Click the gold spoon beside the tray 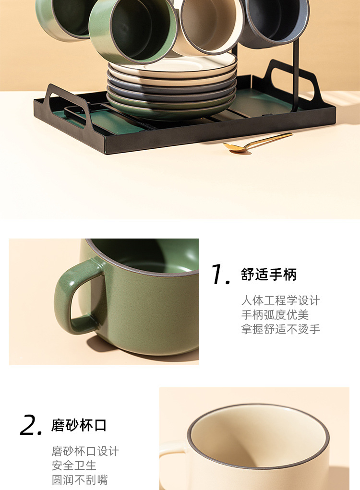coord(259,142)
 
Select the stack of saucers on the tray coord(171,86)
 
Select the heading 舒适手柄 coord(269,275)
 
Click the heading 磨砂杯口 coord(79,425)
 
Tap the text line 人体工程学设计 coord(280,301)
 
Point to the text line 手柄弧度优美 coord(275,315)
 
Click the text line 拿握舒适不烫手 coord(280,329)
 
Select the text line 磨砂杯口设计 coord(85,452)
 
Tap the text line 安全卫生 coord(74,466)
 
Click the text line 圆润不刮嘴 coord(80,479)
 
